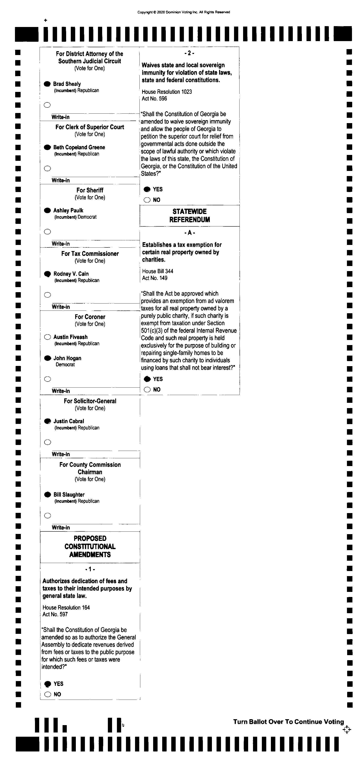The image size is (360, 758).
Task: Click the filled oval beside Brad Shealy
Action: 47,84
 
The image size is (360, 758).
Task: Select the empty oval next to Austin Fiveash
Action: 47,337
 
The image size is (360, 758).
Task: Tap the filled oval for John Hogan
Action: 47,358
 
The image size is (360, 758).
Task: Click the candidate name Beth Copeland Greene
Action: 79,147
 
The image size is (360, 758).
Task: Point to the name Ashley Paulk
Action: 68,210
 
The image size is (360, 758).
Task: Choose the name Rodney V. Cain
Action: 71,274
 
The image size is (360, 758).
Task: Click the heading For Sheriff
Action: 90,190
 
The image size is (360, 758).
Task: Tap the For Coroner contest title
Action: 90,317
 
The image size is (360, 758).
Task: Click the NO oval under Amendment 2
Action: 147,200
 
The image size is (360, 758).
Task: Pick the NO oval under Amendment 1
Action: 48,694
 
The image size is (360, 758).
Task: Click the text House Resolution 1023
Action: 167,91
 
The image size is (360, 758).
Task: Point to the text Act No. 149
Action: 155,278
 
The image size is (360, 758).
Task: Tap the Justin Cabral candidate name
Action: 68,421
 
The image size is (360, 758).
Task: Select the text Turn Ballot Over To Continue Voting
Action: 289,722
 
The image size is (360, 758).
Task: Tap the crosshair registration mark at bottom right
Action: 347,730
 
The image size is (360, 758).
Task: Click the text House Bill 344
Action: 158,271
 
